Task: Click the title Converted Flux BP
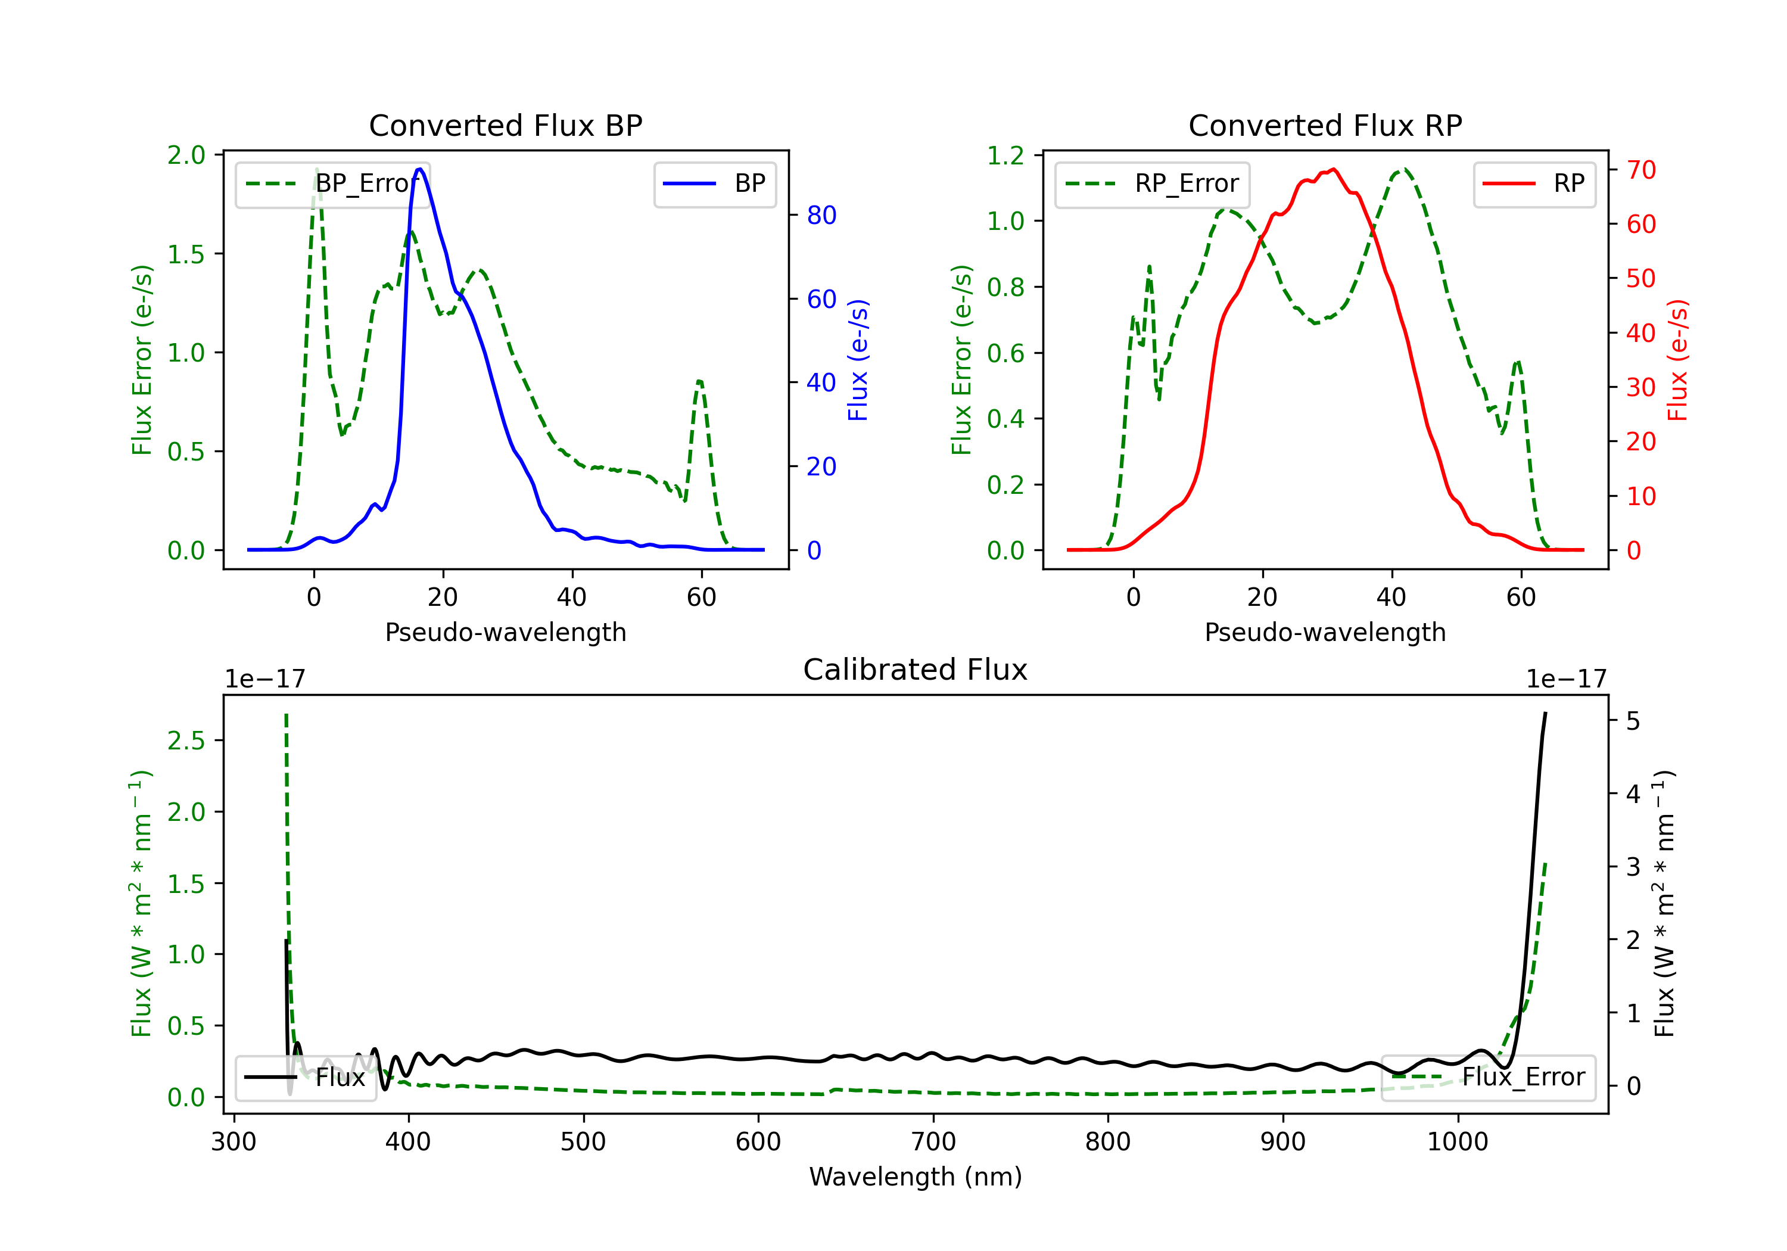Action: (505, 125)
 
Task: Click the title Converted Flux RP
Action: (1325, 125)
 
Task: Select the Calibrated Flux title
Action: (916, 670)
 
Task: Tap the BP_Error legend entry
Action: (332, 183)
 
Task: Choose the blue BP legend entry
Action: (714, 183)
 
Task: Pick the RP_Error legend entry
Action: (1152, 183)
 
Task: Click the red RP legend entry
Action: (1534, 183)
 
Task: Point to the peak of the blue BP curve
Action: (419, 169)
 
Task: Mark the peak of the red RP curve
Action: (1333, 169)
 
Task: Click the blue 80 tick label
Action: (822, 215)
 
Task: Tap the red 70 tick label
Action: (1642, 170)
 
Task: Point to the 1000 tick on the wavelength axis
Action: (1458, 1141)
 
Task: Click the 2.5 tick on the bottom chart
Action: (187, 740)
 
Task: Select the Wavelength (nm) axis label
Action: (916, 1177)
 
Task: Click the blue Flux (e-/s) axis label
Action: (858, 360)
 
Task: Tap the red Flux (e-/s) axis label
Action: (1677, 360)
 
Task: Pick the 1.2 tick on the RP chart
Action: (1005, 155)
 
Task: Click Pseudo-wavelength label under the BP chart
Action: (505, 632)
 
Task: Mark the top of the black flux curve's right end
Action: (1545, 713)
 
